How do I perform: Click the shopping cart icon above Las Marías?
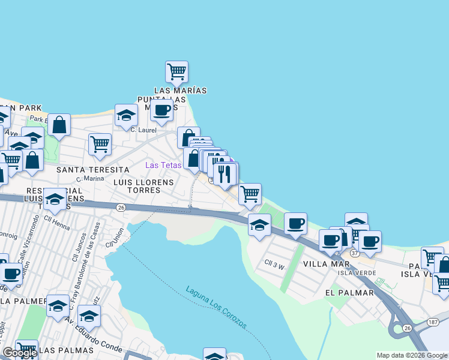pyautogui.click(x=177, y=71)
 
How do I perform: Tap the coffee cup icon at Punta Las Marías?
pyautogui.click(x=161, y=110)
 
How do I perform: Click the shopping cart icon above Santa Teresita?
pyautogui.click(x=100, y=144)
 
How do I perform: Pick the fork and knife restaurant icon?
pyautogui.click(x=225, y=174)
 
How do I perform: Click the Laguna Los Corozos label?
pyautogui.click(x=216, y=308)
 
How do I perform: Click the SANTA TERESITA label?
pyautogui.click(x=92, y=170)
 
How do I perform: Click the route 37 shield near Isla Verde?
pyautogui.click(x=354, y=254)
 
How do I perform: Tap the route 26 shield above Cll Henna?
pyautogui.click(x=121, y=207)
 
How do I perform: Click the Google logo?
pyautogui.click(x=20, y=353)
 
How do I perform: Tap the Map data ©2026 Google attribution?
pyautogui.click(x=411, y=355)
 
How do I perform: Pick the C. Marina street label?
pyautogui.click(x=90, y=179)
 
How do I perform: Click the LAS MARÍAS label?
pyautogui.click(x=180, y=91)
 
